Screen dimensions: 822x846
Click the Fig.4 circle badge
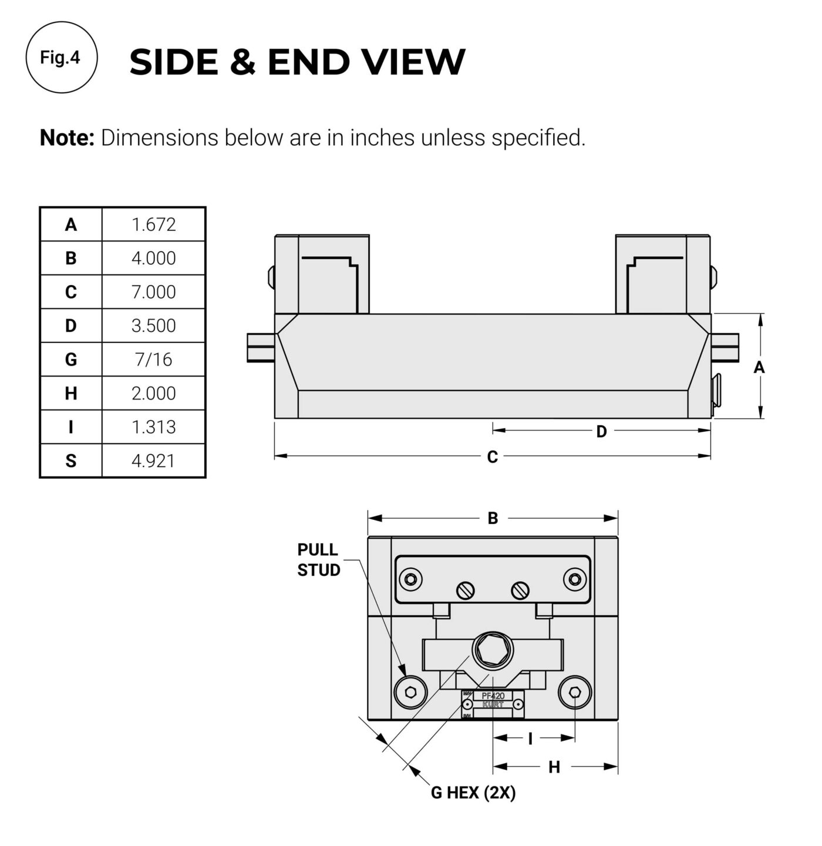click(x=62, y=57)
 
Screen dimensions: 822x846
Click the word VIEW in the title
click(x=413, y=61)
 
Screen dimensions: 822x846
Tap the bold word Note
click(x=67, y=137)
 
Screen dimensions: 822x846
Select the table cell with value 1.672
click(x=153, y=224)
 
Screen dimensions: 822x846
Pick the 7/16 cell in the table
click(x=153, y=359)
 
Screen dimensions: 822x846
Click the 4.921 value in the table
click(x=153, y=461)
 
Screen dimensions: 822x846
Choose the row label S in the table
click(x=71, y=461)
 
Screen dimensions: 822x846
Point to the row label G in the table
click(x=71, y=359)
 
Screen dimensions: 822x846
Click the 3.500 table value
click(x=153, y=325)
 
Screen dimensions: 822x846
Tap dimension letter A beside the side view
click(x=759, y=367)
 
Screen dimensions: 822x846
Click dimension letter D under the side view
click(x=601, y=431)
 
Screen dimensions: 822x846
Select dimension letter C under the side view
click(x=492, y=457)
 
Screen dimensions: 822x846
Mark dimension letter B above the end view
click(x=493, y=518)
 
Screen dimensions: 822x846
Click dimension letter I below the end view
click(x=530, y=738)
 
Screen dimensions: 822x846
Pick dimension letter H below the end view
click(x=554, y=768)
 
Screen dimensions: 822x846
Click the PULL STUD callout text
click(x=318, y=560)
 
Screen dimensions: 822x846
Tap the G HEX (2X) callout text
click(x=473, y=793)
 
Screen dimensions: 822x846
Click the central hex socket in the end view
click(x=492, y=650)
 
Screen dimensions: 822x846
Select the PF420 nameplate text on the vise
click(x=493, y=696)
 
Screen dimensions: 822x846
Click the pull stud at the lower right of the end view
click(x=575, y=693)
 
